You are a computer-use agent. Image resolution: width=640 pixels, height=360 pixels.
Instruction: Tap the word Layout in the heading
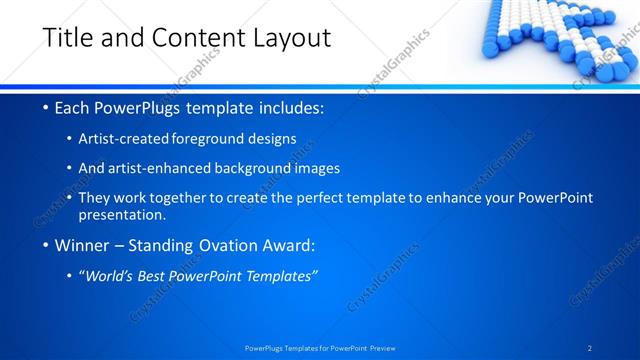pyautogui.click(x=289, y=38)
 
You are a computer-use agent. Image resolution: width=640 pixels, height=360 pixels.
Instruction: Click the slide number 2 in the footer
pyautogui.click(x=590, y=347)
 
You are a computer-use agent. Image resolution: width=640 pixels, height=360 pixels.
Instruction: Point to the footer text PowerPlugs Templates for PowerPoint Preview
pyautogui.click(x=319, y=347)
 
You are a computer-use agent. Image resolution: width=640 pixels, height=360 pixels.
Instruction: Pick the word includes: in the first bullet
pyautogui.click(x=289, y=107)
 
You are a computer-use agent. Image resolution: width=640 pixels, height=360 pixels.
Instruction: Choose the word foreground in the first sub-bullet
pyautogui.click(x=214, y=139)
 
